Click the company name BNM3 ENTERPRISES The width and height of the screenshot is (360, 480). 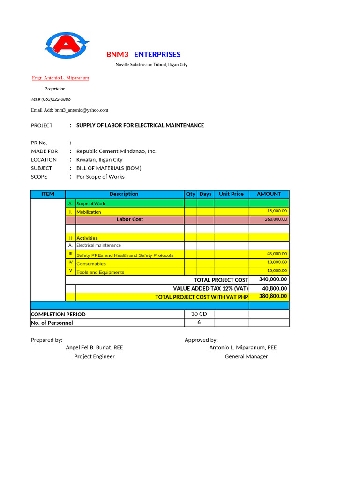pos(143,54)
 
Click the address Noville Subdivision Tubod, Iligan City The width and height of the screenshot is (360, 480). pos(151,65)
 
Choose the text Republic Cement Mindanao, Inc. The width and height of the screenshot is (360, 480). pos(116,151)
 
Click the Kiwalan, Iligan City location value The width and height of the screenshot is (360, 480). pos(99,160)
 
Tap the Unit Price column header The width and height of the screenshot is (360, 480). pos(231,194)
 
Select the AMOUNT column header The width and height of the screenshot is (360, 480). pos(269,194)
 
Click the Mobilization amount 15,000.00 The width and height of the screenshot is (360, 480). pos(277,211)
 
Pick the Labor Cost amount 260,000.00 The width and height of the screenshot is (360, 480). pos(276,219)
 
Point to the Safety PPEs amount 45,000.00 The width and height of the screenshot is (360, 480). pos(277,254)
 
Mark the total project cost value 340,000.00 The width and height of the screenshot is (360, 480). pos(273,279)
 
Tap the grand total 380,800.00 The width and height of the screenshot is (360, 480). pos(273,296)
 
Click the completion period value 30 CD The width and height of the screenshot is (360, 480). pos(199,314)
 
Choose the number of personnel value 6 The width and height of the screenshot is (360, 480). pos(199,322)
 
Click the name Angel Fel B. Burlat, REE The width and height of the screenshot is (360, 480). pos(94,348)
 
